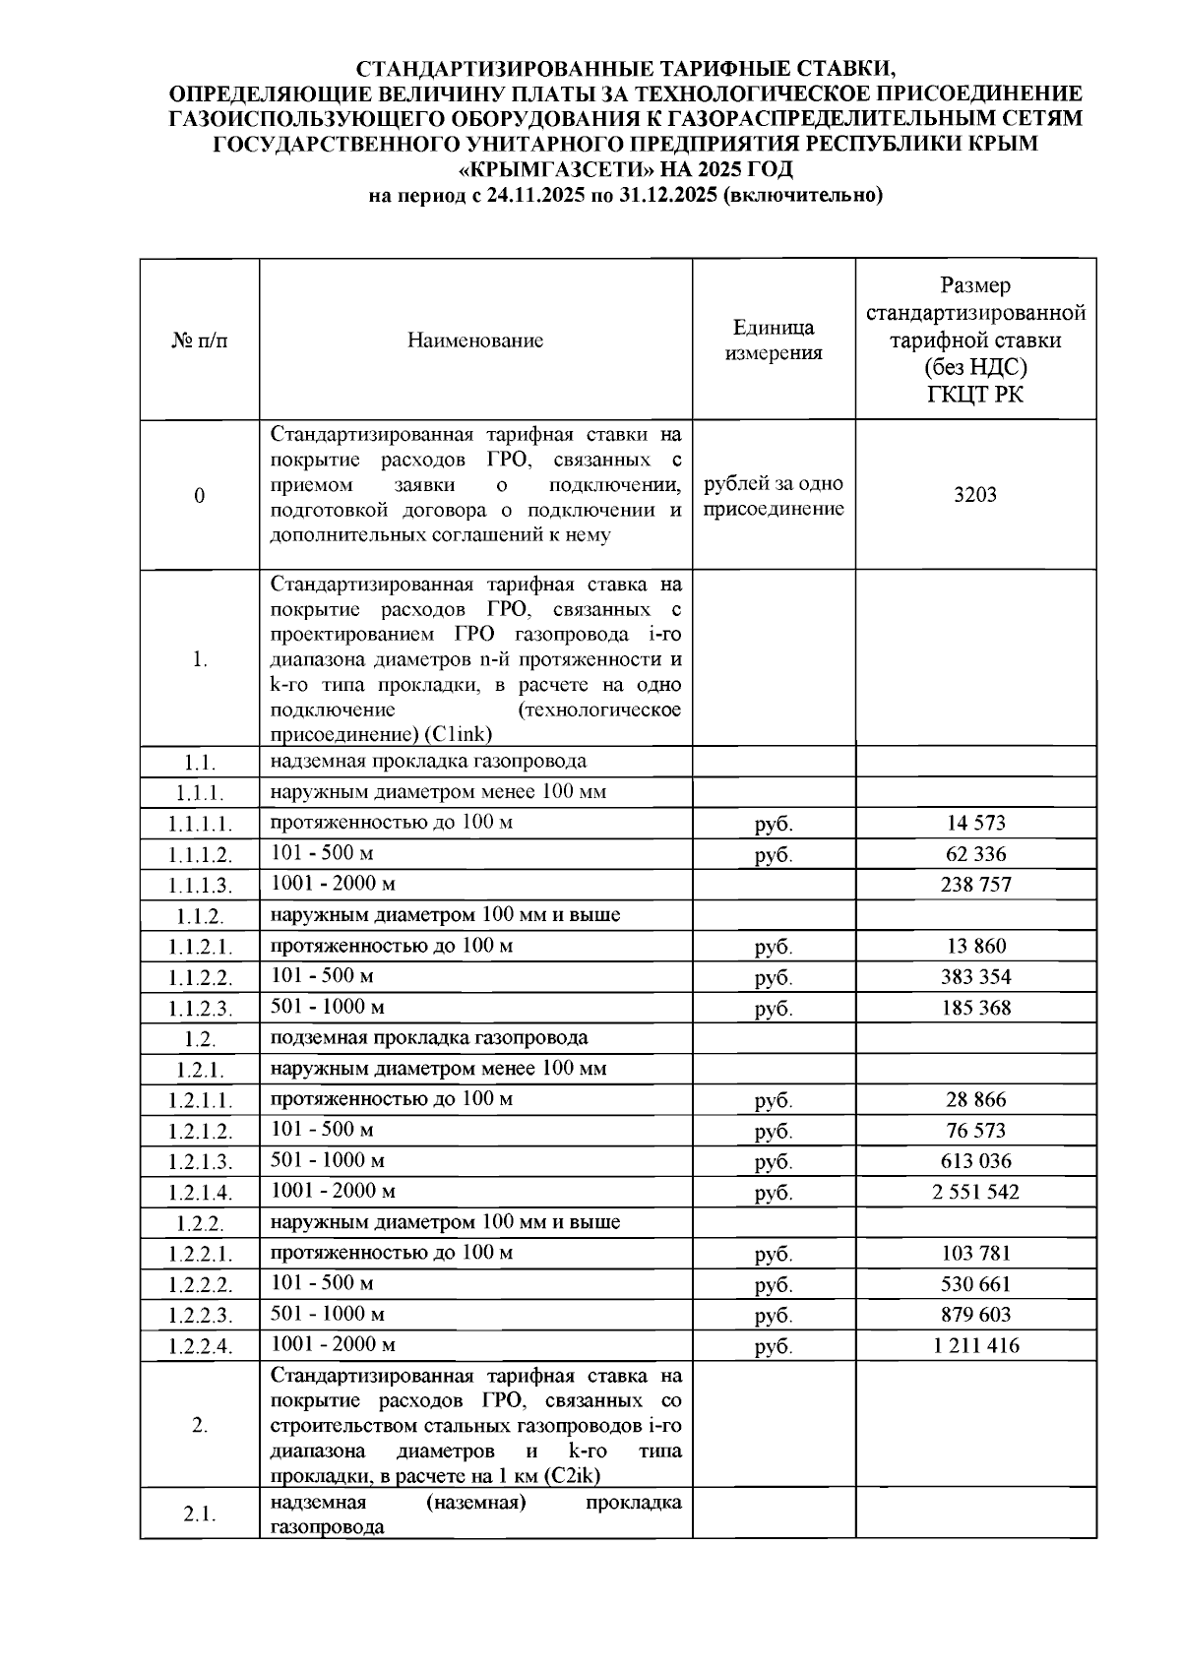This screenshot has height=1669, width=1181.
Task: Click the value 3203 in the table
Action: [974, 494]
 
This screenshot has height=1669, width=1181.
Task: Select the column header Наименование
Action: [475, 340]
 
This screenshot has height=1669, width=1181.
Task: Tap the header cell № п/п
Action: [200, 340]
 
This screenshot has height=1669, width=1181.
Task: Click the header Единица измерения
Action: [774, 340]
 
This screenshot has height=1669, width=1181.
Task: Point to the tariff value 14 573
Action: [974, 823]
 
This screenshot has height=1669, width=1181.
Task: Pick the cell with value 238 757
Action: [974, 884]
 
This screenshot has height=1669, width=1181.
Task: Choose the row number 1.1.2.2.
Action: [200, 978]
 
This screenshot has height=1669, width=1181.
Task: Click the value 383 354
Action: [974, 976]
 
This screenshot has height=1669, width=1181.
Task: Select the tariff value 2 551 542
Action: [974, 1192]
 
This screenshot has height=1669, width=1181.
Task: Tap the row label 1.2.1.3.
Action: [200, 1162]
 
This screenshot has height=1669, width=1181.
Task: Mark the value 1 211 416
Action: [974, 1345]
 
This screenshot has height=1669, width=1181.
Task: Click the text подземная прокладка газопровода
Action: [429, 1037]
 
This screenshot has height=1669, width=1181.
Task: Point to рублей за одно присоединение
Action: [774, 496]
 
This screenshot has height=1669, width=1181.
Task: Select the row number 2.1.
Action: [200, 1514]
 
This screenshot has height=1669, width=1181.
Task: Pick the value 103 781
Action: [974, 1253]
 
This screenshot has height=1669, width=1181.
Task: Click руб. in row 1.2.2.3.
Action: [774, 1316]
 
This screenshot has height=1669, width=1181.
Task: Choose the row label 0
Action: [200, 495]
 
